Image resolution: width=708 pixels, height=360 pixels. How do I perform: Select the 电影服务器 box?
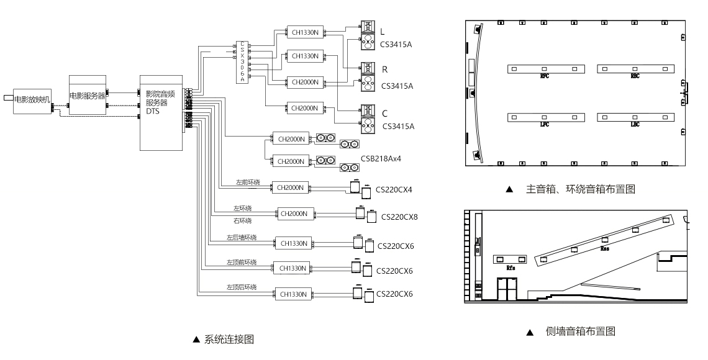(88, 95)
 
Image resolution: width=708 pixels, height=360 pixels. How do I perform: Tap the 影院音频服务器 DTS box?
(161, 112)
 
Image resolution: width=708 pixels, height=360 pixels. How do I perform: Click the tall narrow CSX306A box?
(242, 61)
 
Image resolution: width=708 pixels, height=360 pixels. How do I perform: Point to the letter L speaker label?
(383, 31)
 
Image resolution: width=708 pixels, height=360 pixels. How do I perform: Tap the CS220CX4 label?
(396, 189)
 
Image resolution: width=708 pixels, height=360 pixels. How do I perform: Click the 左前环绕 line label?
(247, 182)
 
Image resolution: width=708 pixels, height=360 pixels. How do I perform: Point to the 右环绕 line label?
(242, 220)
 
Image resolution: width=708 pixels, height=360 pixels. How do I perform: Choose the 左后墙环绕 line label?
(242, 237)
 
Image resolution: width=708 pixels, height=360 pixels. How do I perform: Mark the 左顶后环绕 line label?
(242, 287)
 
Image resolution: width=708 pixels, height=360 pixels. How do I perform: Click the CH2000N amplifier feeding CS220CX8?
(294, 214)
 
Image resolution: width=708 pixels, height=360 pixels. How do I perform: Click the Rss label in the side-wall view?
(604, 248)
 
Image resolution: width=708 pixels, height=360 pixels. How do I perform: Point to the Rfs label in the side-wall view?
(511, 268)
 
